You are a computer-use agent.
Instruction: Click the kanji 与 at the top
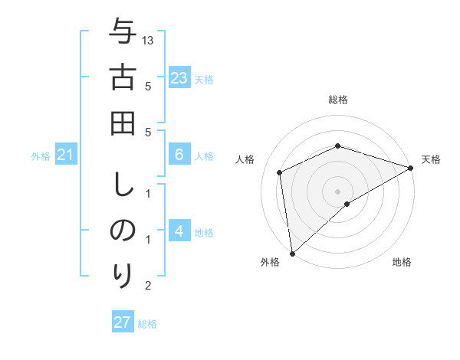click(123, 34)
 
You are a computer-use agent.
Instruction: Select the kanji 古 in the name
click(123, 79)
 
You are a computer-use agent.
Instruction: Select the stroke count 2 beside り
click(148, 286)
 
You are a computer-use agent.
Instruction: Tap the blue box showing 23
click(179, 77)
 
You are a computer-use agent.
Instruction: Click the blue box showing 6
click(179, 155)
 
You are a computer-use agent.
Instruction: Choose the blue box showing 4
click(179, 231)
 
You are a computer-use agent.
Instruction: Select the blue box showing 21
click(65, 155)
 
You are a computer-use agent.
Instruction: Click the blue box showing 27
click(123, 322)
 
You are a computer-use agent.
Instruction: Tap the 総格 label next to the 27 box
click(147, 323)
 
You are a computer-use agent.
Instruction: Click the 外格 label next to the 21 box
click(41, 156)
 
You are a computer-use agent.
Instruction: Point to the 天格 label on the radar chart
click(431, 159)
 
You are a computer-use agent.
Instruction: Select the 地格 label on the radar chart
click(402, 263)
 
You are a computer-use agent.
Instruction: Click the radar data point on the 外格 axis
click(292, 253)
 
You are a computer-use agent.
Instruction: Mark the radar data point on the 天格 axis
click(410, 168)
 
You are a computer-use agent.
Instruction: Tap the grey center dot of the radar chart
click(337, 191)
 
